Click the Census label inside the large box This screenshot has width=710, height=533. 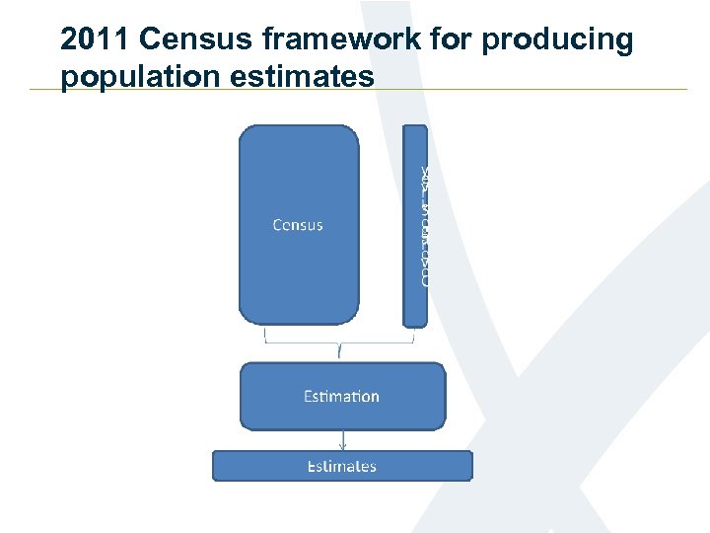[x=298, y=225]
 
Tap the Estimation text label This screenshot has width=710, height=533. [x=341, y=397]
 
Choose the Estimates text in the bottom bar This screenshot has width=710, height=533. [x=341, y=466]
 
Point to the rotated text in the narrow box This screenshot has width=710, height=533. [x=424, y=225]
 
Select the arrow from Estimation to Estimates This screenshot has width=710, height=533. [x=342, y=440]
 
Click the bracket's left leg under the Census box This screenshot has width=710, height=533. [x=266, y=336]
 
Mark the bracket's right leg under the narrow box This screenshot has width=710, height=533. [x=413, y=336]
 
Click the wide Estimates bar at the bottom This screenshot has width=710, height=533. [x=247, y=466]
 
